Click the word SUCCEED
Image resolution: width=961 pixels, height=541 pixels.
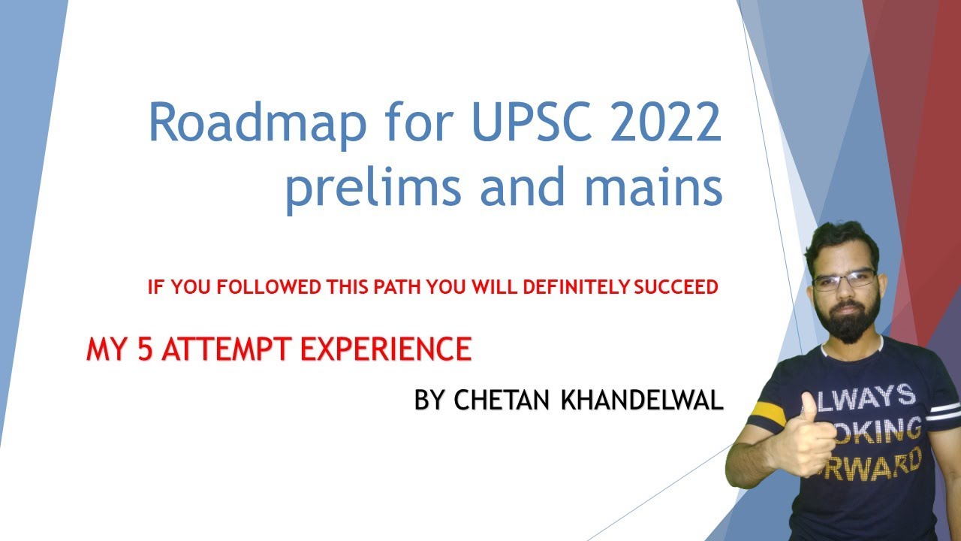(676, 287)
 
